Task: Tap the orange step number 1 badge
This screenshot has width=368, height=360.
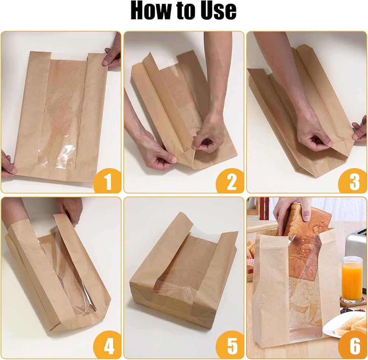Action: [107, 181]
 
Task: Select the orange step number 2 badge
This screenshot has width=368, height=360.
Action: [230, 181]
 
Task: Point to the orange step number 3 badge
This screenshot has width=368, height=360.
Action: [353, 181]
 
